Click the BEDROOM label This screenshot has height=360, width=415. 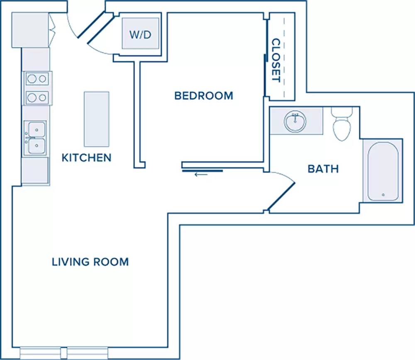tap(204, 96)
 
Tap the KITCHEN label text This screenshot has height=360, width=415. tap(87, 158)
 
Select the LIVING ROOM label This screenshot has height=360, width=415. tap(90, 262)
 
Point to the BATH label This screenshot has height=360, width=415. tap(323, 169)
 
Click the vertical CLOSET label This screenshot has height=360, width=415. tap(276, 60)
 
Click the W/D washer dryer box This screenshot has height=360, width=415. tap(141, 34)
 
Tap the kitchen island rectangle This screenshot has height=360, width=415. tap(97, 119)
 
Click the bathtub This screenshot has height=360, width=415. tap(383, 171)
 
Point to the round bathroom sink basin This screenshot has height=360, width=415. tap(295, 122)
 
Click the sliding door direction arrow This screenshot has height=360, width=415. tap(201, 174)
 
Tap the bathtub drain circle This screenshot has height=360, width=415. tap(383, 195)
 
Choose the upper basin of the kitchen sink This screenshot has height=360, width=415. tap(37, 130)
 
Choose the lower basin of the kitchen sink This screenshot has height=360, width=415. tap(37, 145)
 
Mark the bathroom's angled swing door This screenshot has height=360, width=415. tap(281, 196)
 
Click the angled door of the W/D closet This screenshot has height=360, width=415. tap(100, 29)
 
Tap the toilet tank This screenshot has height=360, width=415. tap(342, 112)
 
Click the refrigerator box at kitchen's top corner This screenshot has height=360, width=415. tap(30, 30)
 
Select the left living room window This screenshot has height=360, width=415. tap(40, 353)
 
